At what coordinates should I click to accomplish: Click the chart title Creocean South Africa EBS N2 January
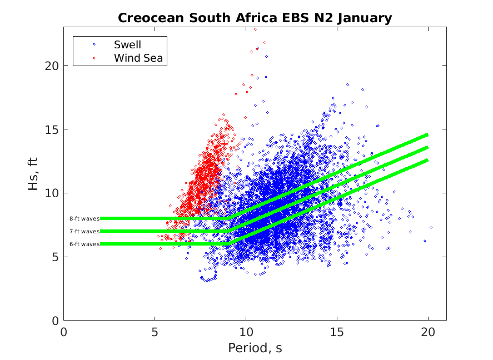255,18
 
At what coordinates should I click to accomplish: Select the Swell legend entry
127,44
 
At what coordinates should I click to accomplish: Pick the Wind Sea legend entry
140,57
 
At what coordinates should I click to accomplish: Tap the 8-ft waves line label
84,219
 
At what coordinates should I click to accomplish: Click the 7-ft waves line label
84,232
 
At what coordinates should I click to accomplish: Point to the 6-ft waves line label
84,244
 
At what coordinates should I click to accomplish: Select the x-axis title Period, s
255,348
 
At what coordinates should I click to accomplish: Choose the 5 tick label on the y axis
56,257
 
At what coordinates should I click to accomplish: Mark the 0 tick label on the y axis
56,321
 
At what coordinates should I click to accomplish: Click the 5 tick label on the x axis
155,332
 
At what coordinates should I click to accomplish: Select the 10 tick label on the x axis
246,332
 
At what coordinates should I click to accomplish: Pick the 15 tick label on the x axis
337,332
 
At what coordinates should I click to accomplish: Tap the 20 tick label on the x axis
428,332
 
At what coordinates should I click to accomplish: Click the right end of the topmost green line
427,134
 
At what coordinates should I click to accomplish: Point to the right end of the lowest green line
427,160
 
